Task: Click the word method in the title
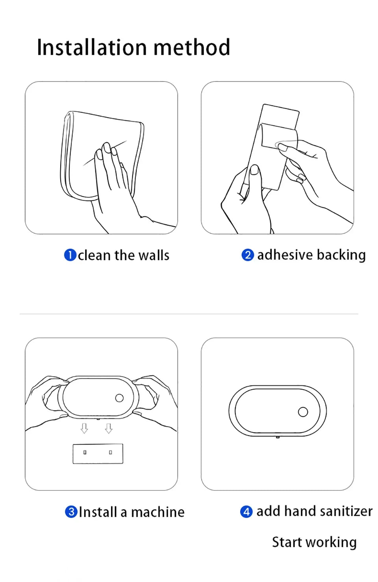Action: coord(192,47)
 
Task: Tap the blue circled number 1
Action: coord(70,255)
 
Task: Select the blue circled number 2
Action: coord(248,255)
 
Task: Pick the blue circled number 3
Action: coord(71,512)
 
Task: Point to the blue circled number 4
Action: coord(246,512)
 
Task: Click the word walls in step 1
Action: coord(154,255)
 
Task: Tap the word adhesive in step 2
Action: coord(285,255)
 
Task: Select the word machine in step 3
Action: coord(158,512)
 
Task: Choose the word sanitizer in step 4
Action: coord(346,511)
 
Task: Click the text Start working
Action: coord(314,543)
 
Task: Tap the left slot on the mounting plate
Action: coord(85,453)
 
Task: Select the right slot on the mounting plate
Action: coord(111,453)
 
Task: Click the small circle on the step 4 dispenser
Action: coord(303,412)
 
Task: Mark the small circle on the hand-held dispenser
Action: coord(119,398)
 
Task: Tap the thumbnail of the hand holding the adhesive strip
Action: coord(254,169)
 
